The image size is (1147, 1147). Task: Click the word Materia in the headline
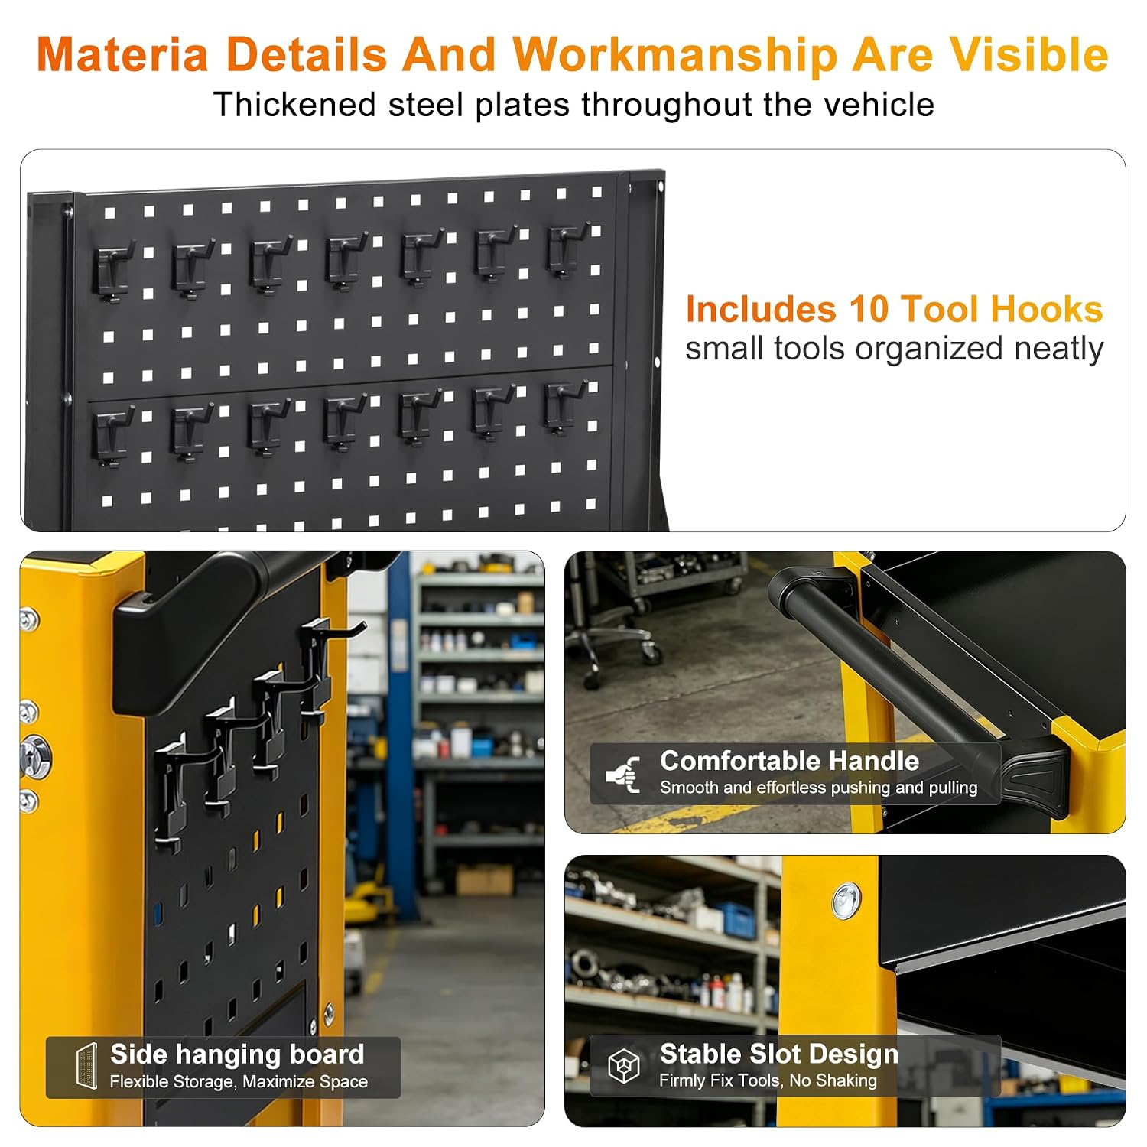[x=122, y=55]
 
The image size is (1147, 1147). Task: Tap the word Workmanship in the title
[x=674, y=55]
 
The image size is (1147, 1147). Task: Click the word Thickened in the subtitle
[x=295, y=105]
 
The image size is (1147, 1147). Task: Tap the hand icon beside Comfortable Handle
[x=624, y=774]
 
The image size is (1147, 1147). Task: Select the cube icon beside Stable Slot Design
[x=623, y=1065]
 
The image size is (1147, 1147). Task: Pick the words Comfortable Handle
[x=789, y=761]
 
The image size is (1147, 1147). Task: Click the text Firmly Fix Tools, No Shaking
[x=768, y=1080]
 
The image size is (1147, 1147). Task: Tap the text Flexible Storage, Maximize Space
[x=239, y=1081]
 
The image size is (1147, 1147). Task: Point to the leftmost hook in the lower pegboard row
[x=112, y=436]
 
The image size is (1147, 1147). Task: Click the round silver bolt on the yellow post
[x=846, y=901]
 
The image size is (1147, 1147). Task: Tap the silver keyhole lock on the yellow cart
[x=35, y=756]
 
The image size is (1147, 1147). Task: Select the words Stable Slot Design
[x=778, y=1054]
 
